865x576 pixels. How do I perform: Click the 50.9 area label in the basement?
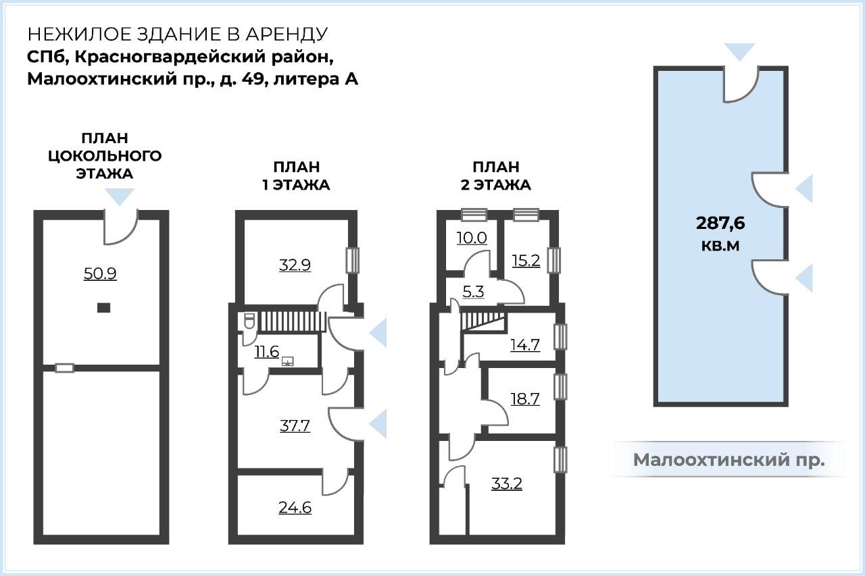click(100, 273)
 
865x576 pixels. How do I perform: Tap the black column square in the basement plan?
click(103, 307)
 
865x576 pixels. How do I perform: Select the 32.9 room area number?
click(295, 265)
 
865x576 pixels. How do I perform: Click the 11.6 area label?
click(266, 351)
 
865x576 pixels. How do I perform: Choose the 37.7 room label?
click(295, 426)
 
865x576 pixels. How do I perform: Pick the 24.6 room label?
click(295, 508)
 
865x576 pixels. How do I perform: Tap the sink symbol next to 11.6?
click(288, 361)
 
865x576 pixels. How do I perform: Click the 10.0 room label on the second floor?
click(472, 238)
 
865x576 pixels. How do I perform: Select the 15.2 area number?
click(526, 261)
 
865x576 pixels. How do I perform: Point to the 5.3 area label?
click(473, 292)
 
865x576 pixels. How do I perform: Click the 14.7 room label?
click(525, 344)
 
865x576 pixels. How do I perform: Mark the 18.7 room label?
click(525, 399)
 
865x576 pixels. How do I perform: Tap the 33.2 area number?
click(507, 483)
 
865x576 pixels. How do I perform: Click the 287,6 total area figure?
click(720, 224)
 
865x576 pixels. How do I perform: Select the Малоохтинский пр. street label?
click(728, 460)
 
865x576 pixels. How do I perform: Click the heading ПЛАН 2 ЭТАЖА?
click(496, 176)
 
